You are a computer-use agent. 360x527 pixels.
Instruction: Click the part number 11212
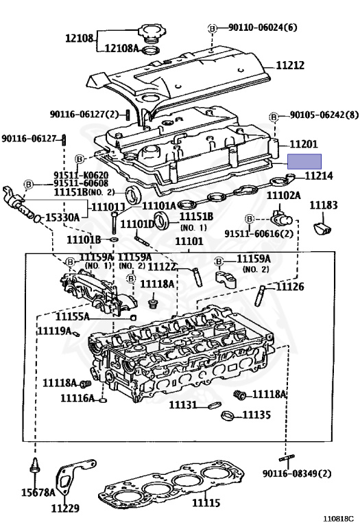click(290, 66)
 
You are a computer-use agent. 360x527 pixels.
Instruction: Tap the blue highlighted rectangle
click(304, 162)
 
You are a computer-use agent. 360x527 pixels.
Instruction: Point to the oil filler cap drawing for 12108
click(150, 32)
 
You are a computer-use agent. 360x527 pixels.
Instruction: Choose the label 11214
click(318, 176)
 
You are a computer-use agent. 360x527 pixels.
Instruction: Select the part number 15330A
click(62, 218)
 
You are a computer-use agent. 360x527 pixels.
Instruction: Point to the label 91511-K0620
click(81, 175)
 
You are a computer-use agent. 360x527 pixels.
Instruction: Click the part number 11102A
click(283, 196)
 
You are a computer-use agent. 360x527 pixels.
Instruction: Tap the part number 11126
click(289, 286)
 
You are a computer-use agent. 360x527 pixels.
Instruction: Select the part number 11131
click(183, 405)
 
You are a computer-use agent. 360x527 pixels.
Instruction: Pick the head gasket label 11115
click(206, 504)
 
